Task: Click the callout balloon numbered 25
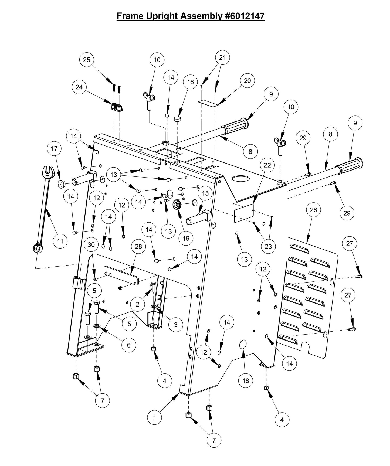(x=87, y=60)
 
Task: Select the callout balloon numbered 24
(x=79, y=87)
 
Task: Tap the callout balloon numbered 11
(x=60, y=240)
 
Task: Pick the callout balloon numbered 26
(x=313, y=210)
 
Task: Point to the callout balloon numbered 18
(x=246, y=381)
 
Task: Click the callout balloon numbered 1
(x=154, y=417)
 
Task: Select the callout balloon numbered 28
(x=138, y=246)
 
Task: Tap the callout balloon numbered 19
(x=186, y=238)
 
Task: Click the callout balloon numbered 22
(x=267, y=165)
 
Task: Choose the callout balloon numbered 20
(x=247, y=81)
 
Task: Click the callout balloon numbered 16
(x=191, y=82)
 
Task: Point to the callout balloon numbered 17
(x=54, y=148)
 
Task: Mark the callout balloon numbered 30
(x=91, y=244)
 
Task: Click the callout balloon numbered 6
(x=128, y=345)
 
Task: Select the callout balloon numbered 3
(x=175, y=325)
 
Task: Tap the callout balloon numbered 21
(x=222, y=57)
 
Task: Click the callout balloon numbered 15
(x=205, y=193)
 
